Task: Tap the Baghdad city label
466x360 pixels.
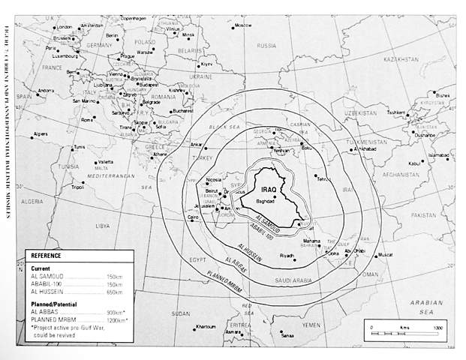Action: tap(266, 202)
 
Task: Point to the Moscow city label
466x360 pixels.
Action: tap(243, 25)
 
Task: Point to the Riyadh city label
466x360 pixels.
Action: tap(287, 256)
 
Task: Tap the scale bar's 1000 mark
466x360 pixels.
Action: tap(438, 328)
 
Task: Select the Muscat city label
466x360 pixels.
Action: tap(385, 255)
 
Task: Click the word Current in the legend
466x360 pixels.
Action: tap(42, 268)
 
